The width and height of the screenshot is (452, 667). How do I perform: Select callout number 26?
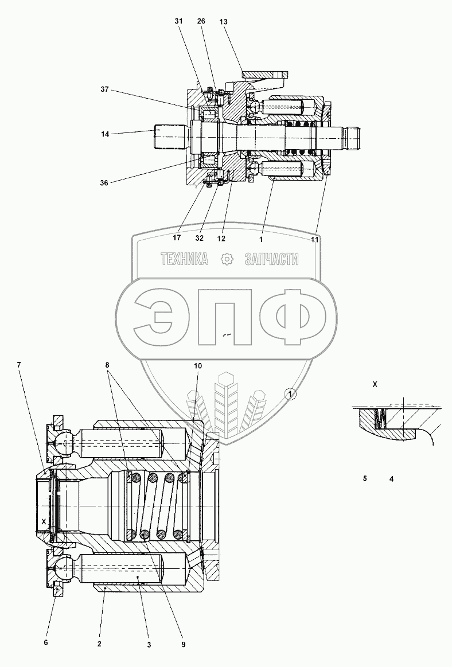[x=201, y=21]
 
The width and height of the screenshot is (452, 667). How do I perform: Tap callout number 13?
[x=224, y=21]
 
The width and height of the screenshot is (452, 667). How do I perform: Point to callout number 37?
[x=105, y=89]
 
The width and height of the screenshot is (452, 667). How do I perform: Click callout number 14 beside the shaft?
[x=105, y=134]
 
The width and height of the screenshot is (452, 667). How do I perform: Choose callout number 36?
[x=104, y=183]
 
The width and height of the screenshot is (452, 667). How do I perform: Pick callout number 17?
[x=177, y=238]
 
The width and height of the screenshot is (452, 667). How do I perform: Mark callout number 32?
[x=199, y=238]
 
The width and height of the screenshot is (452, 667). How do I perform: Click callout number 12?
[x=221, y=239]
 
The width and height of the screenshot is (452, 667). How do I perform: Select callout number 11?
[x=314, y=240]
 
